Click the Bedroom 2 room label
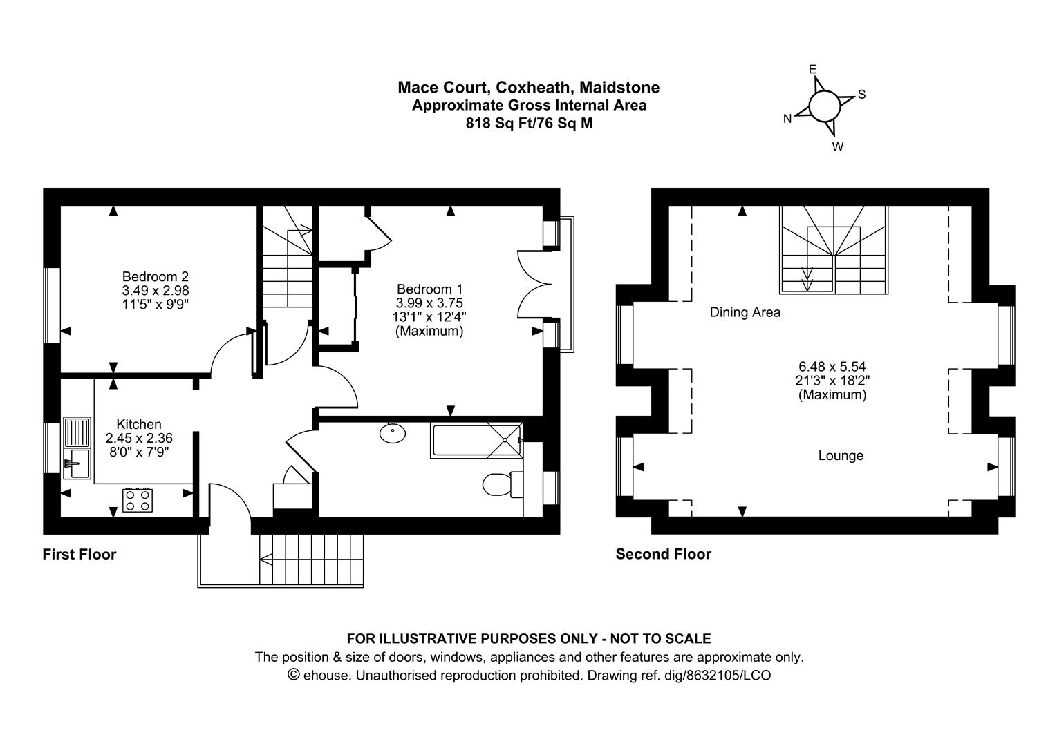156,276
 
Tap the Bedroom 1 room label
429,289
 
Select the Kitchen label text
139,424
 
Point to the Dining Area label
745,312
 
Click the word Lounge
841,455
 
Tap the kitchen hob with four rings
138,500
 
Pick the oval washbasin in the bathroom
393,433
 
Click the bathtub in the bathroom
476,441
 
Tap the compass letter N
787,119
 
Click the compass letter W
838,147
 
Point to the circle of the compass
824,106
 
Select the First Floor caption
79,554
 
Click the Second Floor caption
664,554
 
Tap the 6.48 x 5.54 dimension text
832,366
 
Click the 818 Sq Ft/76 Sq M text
529,124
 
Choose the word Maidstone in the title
619,88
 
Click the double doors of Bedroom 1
534,285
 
